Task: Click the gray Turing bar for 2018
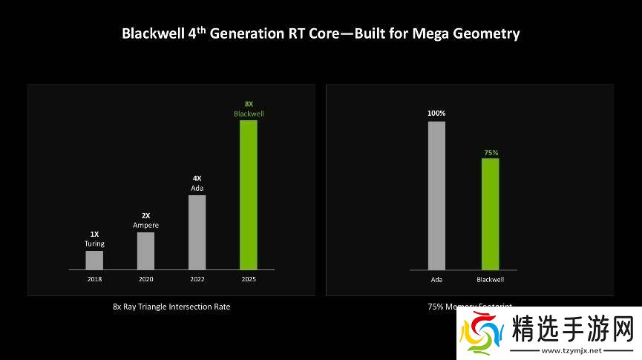pyautogui.click(x=94, y=260)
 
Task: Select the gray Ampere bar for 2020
pyautogui.click(x=145, y=251)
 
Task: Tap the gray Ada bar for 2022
pyautogui.click(x=197, y=232)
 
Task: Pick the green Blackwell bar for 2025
pyautogui.click(x=248, y=194)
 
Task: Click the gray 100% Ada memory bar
pyautogui.click(x=436, y=195)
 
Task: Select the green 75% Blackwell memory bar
pyautogui.click(x=490, y=214)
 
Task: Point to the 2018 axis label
pyautogui.click(x=94, y=279)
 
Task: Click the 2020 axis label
pyautogui.click(x=145, y=279)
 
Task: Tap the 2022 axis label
pyautogui.click(x=197, y=279)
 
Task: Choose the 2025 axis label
pyautogui.click(x=248, y=279)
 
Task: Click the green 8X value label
pyautogui.click(x=249, y=104)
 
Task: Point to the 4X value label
pyautogui.click(x=197, y=178)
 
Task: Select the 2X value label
pyautogui.click(x=145, y=215)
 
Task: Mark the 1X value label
pyautogui.click(x=94, y=234)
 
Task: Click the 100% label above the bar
pyautogui.click(x=436, y=114)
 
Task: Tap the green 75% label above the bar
pyautogui.click(x=491, y=152)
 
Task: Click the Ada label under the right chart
pyautogui.click(x=436, y=279)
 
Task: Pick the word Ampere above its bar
pyautogui.click(x=145, y=225)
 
